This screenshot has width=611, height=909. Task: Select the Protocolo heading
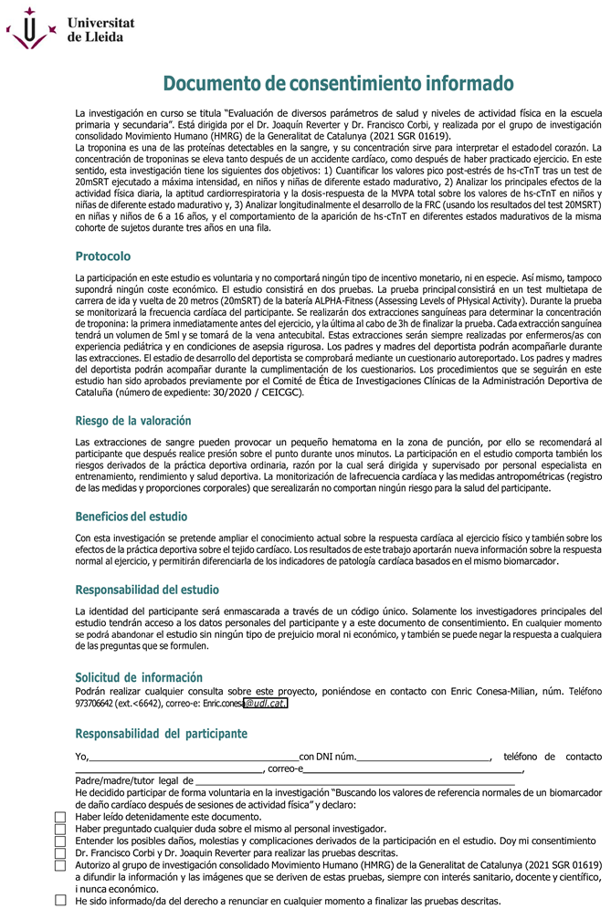102,256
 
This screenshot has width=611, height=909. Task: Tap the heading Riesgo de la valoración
132,421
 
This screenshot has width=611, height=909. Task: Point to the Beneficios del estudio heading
131,517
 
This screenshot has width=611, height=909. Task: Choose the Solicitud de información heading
138,677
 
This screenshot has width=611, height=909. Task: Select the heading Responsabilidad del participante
160,733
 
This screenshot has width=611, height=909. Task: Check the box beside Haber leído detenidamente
61,817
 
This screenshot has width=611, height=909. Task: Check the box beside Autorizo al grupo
61,864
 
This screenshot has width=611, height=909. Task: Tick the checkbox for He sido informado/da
61,900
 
